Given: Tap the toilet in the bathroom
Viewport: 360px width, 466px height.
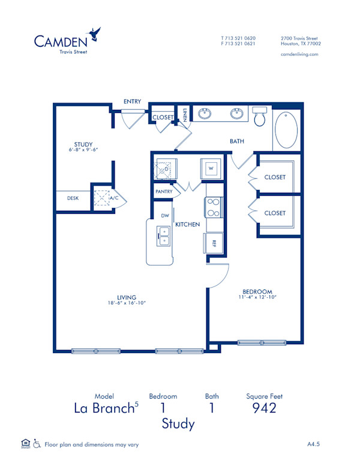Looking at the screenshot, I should (260, 117).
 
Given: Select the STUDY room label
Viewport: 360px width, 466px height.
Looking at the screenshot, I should (83, 144).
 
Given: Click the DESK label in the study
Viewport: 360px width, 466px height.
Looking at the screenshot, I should (73, 198).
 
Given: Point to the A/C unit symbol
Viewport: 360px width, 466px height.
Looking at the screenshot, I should (101, 198).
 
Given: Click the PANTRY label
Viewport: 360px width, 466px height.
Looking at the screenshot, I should (164, 192).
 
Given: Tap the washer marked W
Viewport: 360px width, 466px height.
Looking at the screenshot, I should (211, 169).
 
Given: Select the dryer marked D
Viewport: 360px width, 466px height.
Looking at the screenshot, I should (164, 169).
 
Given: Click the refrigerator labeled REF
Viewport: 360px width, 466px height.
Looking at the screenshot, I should (214, 243).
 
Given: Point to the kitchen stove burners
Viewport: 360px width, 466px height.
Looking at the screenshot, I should (214, 207).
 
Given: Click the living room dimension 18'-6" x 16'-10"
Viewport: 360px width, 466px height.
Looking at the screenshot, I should (127, 303).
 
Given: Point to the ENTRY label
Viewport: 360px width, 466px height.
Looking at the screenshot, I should (132, 101).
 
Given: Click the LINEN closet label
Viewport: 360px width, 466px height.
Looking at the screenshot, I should (185, 113).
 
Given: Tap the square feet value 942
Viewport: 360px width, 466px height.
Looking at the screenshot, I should (264, 408).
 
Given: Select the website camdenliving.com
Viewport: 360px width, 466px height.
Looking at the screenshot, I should (299, 54).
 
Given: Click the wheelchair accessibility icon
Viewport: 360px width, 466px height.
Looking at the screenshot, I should (37, 444).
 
